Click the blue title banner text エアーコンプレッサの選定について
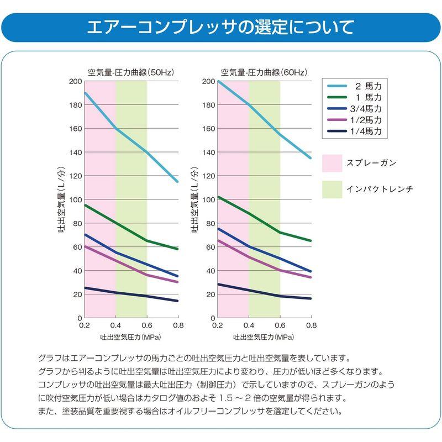[220, 27]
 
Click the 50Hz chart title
[131, 72]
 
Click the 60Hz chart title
[264, 72]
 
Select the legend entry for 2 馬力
[354, 86]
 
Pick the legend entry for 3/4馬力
[354, 108]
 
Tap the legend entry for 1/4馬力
[354, 131]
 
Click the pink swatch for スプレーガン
[332, 163]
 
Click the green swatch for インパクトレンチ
[332, 190]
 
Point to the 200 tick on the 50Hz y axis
[76, 81]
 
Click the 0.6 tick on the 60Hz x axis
[280, 325]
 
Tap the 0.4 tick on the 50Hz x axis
[115, 325]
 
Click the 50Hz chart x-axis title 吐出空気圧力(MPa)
[131, 337]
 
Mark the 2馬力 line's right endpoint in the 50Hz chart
[177, 182]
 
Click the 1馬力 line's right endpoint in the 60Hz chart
[311, 241]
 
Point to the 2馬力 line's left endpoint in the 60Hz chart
[218, 82]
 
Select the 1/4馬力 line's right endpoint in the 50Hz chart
[177, 301]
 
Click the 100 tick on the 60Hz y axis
[209, 200]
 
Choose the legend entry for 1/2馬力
[354, 120]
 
